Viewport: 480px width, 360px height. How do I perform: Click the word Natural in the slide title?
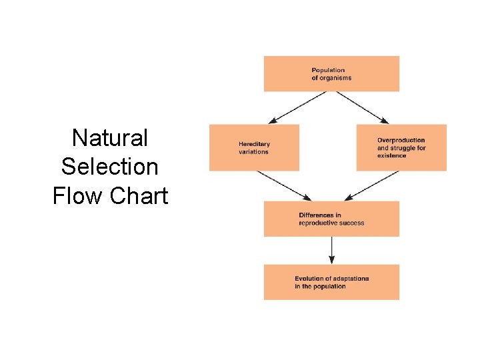(x=110, y=139)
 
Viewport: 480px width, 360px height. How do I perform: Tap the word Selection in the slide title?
(x=110, y=167)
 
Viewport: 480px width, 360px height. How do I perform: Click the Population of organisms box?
(x=331, y=73)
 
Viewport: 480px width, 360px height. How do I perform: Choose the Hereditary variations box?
(x=254, y=147)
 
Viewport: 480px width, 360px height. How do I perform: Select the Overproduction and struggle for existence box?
(x=401, y=147)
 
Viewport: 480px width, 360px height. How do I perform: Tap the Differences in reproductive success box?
(x=331, y=219)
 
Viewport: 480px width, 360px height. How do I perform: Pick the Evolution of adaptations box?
(x=331, y=282)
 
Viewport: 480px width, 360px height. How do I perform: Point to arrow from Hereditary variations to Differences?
(x=283, y=185)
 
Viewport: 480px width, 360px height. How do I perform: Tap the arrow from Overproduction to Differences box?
(x=372, y=185)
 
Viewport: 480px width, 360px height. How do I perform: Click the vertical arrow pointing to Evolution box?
(x=331, y=250)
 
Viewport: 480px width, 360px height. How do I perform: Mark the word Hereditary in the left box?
(x=255, y=144)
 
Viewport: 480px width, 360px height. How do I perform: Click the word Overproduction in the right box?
(x=401, y=140)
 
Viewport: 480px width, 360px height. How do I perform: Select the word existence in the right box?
(x=391, y=155)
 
